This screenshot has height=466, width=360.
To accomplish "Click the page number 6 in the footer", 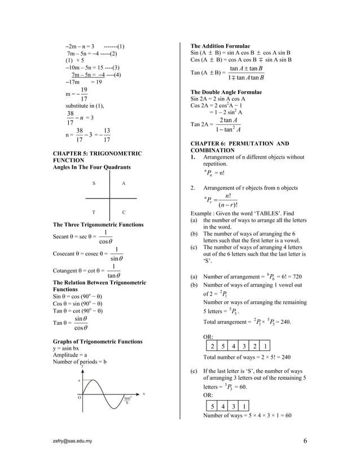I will (305, 441).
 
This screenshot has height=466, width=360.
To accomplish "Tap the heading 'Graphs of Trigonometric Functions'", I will (98, 342).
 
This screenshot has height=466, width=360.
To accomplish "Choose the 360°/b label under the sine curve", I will (128, 400).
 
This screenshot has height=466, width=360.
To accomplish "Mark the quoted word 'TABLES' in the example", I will (262, 214).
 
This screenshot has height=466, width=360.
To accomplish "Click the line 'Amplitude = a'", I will (70, 355).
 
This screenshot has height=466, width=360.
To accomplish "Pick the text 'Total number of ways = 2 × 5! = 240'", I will (247, 358).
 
